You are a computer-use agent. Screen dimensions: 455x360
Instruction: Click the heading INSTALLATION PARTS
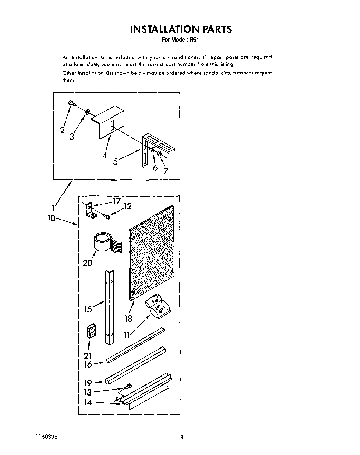pos(181,29)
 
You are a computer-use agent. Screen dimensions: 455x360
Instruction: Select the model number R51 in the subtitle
pos(194,40)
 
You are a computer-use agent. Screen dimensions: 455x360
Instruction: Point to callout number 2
pos(63,130)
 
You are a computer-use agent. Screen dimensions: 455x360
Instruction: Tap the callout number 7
pos(166,171)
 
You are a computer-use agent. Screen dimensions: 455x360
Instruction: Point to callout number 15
pos(88,309)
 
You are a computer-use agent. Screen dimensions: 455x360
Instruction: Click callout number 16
pos(88,364)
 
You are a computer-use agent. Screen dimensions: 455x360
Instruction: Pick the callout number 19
pos(88,383)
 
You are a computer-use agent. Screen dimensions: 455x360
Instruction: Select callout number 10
pos(51,219)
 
